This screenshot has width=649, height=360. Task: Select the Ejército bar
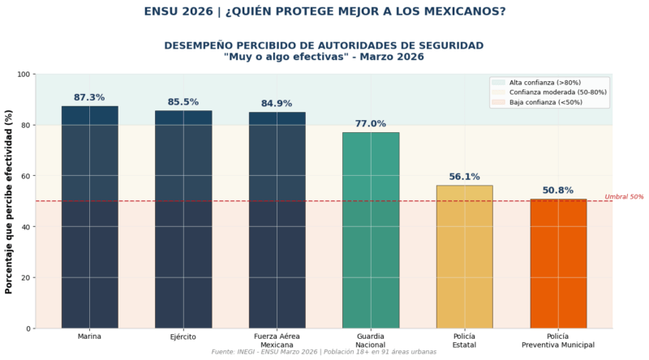pos(183,219)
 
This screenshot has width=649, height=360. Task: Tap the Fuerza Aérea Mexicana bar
pos(277,220)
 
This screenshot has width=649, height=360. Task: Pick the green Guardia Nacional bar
pos(371,230)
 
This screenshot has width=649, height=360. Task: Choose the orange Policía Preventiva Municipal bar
pos(558,264)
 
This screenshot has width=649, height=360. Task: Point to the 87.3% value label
pos(89,97)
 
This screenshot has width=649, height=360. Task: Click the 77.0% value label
pos(371,124)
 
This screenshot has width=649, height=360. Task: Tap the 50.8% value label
pos(558,191)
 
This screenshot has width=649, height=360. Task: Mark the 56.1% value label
pos(464,177)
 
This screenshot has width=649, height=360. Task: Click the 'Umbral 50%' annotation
pos(624,197)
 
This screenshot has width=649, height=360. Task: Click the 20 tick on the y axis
pos(26,277)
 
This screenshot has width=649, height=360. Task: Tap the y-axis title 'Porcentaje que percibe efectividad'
pos(9,202)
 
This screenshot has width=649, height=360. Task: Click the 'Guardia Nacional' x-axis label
pos(371,341)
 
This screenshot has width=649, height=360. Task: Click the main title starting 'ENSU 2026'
pos(324,11)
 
